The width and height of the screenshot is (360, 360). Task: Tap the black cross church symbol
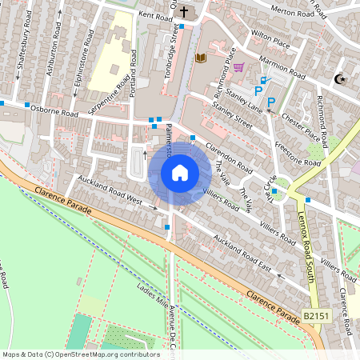tap(185, 12)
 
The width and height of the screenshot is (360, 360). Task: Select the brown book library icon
tap(200, 58)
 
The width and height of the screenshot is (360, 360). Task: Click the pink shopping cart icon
tap(238, 67)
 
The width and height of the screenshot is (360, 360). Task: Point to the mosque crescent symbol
tap(339, 78)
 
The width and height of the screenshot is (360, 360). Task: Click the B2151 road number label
tap(315, 318)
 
